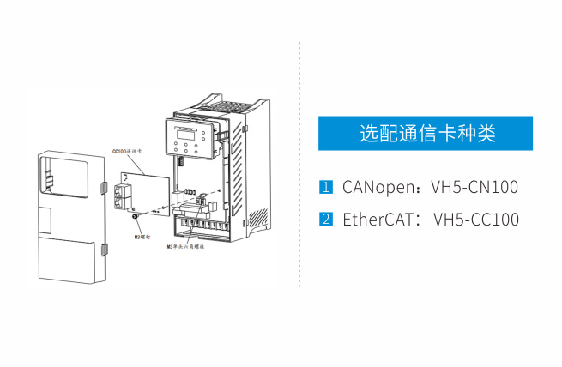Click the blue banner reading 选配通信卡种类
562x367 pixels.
tap(426, 134)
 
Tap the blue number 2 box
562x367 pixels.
tap(325, 219)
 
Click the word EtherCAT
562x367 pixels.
tap(374, 219)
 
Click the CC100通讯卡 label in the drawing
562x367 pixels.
tap(128, 150)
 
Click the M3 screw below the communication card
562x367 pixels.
tap(135, 221)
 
